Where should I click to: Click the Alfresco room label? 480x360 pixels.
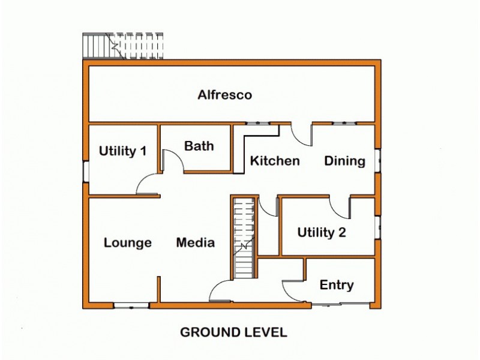click(225, 95)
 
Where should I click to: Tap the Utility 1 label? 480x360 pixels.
click(122, 151)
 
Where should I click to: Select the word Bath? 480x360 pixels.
click(199, 146)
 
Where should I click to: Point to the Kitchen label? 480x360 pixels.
click(275, 161)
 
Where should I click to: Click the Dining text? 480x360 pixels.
click(345, 161)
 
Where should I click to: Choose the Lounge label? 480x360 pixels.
click(127, 243)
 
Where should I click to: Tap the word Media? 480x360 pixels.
click(196, 243)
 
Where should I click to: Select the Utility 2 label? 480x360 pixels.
click(322, 232)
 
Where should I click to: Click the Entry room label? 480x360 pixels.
click(337, 285)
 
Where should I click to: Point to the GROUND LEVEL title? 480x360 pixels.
click(234, 332)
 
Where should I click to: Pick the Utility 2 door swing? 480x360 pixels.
click(339, 208)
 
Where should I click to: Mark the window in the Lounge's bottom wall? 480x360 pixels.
click(131, 306)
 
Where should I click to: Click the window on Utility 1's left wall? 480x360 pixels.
click(86, 172)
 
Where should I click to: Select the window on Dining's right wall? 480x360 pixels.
click(377, 161)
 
